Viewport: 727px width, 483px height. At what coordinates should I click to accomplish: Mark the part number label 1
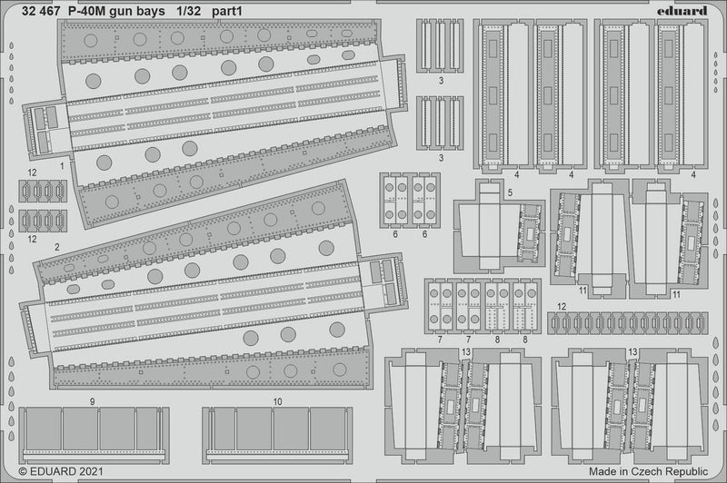(x=61, y=166)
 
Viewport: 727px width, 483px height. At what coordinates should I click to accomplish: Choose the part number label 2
(x=56, y=246)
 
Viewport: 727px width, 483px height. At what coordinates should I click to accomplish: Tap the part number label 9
(x=93, y=399)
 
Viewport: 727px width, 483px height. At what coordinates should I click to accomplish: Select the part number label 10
(x=276, y=399)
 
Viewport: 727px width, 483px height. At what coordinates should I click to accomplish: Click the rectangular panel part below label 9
(x=93, y=435)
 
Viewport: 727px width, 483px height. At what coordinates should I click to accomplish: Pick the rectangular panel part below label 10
(x=276, y=435)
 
